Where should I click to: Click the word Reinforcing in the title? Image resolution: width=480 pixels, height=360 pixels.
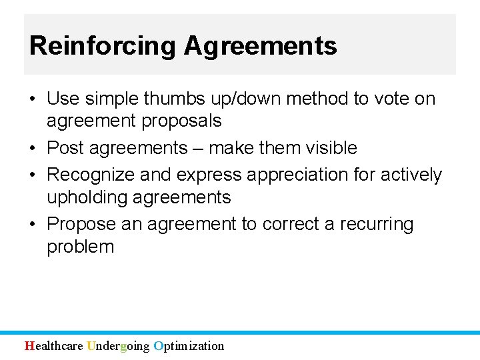click(103, 46)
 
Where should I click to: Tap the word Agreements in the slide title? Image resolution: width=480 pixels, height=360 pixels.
click(261, 46)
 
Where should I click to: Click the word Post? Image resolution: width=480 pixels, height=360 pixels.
click(66, 148)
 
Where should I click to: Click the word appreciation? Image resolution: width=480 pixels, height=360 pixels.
click(305, 175)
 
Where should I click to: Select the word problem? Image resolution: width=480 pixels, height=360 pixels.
click(80, 247)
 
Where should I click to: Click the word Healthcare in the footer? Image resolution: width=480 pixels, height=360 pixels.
click(54, 346)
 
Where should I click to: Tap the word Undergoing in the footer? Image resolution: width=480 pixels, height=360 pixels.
click(118, 346)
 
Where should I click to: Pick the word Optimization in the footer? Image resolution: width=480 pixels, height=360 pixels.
click(189, 346)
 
